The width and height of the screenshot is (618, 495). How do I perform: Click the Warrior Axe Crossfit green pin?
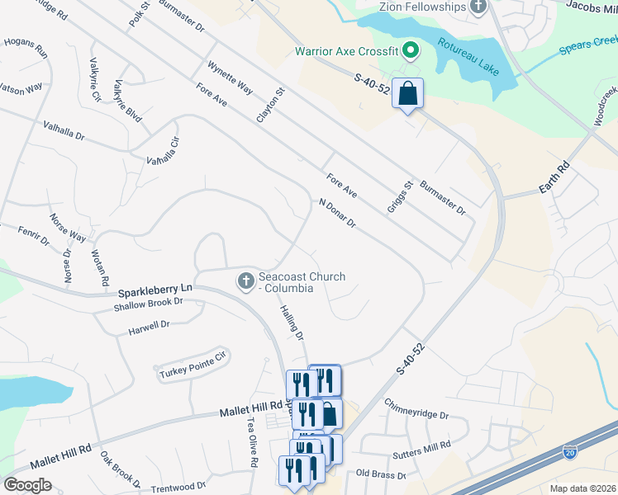pos(408,52)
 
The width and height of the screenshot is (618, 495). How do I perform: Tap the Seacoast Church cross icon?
pos(245,281)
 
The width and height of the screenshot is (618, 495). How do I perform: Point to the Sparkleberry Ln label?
pos(154,290)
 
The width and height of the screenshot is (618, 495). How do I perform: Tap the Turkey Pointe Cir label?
pos(193,365)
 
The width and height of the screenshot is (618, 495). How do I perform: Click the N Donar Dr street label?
pos(337,213)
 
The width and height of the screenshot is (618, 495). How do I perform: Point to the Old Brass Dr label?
pos(380,474)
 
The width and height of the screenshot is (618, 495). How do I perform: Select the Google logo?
pos(27,484)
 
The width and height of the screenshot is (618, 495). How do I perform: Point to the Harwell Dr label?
pos(149,325)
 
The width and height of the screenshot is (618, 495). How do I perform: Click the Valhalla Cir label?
pos(163,152)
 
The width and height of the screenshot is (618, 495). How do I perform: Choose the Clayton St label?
pos(270,106)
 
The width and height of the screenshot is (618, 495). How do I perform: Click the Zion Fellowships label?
pos(423,7)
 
